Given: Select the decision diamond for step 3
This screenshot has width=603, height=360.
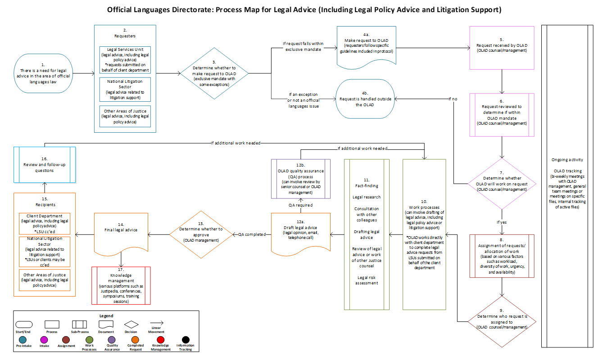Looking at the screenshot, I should pyautogui.click(x=214, y=73).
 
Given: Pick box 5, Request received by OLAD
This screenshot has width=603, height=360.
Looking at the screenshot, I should pyautogui.click(x=502, y=47).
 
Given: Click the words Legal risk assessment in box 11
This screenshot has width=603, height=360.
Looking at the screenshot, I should pyautogui.click(x=367, y=280).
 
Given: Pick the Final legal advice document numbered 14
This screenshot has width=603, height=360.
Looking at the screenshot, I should pyautogui.click(x=121, y=233).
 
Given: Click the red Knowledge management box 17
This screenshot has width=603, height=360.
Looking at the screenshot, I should pyautogui.click(x=120, y=285).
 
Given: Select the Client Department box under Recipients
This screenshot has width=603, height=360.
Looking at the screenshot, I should pyautogui.click(x=45, y=224).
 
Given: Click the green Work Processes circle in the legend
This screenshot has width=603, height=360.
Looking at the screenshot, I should pyautogui.click(x=89, y=340).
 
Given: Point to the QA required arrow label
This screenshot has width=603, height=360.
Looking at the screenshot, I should pyautogui.click(x=301, y=205).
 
